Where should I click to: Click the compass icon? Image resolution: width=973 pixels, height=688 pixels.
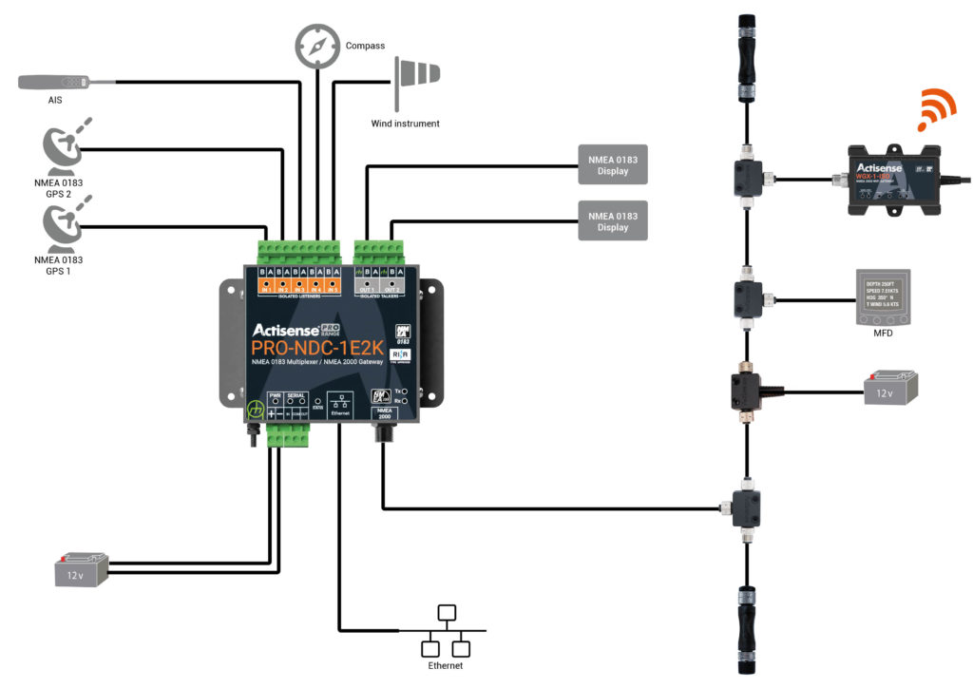coord(316,44)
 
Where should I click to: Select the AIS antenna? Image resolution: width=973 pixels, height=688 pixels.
coord(55,83)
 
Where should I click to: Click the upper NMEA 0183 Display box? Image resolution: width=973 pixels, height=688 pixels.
coord(613,164)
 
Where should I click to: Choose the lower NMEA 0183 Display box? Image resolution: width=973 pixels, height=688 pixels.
coord(613,220)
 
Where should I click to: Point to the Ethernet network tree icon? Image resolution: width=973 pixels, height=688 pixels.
coord(445,632)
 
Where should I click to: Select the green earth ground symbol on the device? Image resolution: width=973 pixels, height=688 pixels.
coord(255,411)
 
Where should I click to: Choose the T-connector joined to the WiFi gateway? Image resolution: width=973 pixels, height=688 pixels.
coord(747,176)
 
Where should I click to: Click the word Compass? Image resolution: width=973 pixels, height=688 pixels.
coord(365,46)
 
